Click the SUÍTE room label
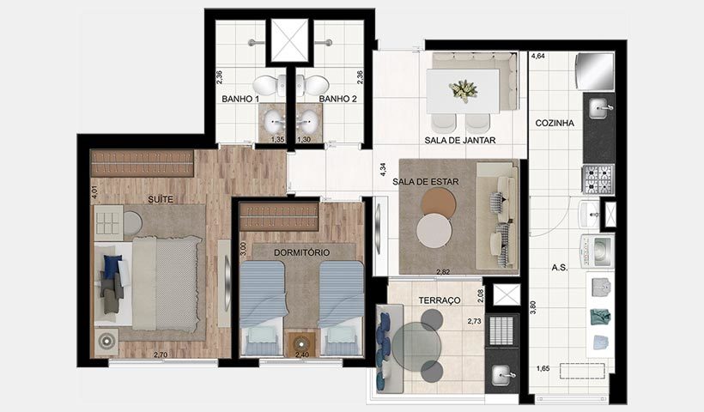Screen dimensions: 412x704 pos(161,199)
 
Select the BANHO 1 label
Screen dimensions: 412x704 pos(240,100)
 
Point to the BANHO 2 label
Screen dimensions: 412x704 pos(337,100)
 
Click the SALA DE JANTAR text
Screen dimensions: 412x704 pos(461,140)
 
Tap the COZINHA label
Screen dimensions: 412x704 pos(554,123)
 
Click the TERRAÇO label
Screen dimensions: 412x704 pos(439,300)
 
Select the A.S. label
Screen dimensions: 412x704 pos(559,267)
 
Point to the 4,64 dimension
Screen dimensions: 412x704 pos(538,57)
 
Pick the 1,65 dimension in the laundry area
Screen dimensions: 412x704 pos(544,368)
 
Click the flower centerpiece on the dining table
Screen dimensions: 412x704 pos(464,89)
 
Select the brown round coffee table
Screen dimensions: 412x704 pos(440,203)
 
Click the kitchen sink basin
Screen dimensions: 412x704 pos(599,108)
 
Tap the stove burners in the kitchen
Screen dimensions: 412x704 pos(598,179)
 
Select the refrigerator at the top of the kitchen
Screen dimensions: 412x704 pos(596,70)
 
